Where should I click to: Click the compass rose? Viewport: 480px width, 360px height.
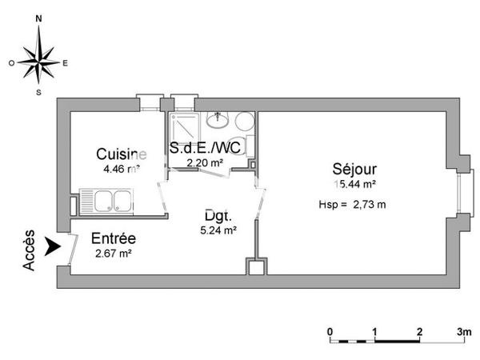[38, 60]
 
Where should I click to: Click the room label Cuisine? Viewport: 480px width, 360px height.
[121, 154]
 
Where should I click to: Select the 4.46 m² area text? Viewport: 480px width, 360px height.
[120, 169]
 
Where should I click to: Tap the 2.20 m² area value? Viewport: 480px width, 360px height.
[204, 162]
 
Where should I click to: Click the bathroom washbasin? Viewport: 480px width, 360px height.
[218, 121]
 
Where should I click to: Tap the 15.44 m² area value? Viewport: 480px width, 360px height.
[354, 183]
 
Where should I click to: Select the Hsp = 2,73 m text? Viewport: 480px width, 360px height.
[352, 204]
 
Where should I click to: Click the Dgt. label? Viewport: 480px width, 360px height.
[218, 216]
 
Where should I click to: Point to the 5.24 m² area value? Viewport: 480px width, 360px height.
[218, 231]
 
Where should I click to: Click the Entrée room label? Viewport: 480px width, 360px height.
[113, 238]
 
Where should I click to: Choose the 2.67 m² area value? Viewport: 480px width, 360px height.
[112, 254]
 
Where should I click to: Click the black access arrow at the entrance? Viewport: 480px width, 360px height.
[53, 246]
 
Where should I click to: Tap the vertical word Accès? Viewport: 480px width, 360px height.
[30, 249]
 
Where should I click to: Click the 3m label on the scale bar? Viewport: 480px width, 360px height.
[464, 331]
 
